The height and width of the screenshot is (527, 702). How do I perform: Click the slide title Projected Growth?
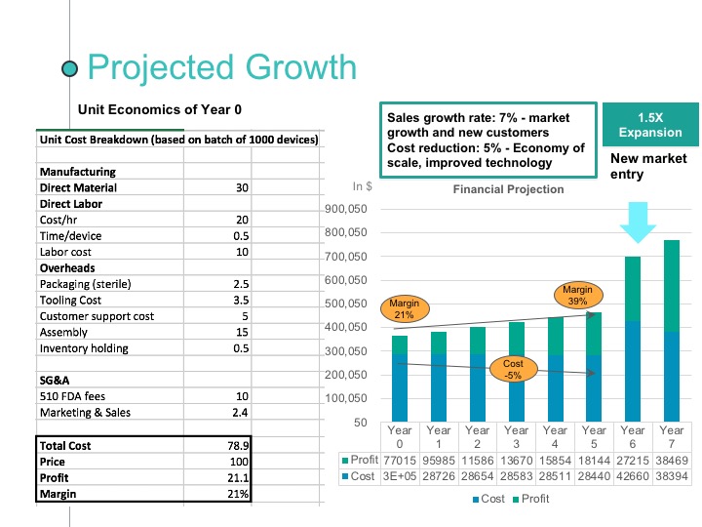tap(221, 67)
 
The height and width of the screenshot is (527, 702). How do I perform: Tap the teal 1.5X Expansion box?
tap(650, 124)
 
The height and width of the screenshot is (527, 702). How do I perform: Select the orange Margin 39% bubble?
tap(576, 296)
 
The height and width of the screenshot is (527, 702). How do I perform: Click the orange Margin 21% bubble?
tap(404, 309)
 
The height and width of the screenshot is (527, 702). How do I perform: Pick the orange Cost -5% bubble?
tap(513, 370)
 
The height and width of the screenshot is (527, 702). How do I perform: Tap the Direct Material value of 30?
tap(242, 187)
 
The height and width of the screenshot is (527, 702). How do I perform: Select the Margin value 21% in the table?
tap(239, 494)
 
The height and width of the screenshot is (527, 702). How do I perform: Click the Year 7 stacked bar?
tap(671, 331)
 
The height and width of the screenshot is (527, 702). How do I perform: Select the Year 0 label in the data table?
tap(400, 435)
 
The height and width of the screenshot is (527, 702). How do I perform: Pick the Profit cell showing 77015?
tap(400, 459)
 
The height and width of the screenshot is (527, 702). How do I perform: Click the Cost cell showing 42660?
tap(632, 476)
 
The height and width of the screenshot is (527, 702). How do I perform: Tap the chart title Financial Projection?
tap(508, 189)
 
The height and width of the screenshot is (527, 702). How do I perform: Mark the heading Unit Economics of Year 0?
tap(159, 108)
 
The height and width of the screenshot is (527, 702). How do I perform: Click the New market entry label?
tap(648, 166)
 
